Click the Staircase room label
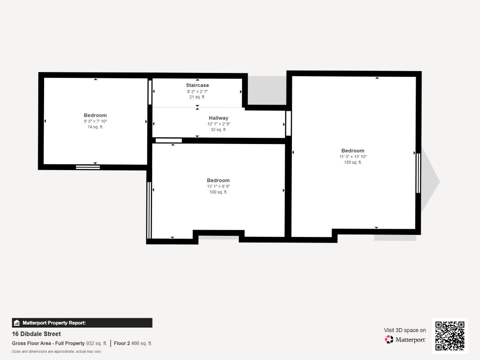[x=197, y=85]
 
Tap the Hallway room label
[x=218, y=118]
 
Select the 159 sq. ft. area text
[x=353, y=162]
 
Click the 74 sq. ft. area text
[x=95, y=127]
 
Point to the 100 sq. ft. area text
[x=218, y=192]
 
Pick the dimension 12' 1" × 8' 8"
[x=218, y=186]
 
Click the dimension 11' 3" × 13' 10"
[x=353, y=157]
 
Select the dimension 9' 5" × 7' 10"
[x=95, y=121]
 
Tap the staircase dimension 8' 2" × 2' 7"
[x=197, y=91]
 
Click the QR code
[x=450, y=336]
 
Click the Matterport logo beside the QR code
[x=405, y=340]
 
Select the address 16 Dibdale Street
[x=36, y=334]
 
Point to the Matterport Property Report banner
[x=82, y=323]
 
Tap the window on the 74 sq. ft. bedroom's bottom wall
[x=88, y=167]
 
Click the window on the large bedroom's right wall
[x=418, y=173]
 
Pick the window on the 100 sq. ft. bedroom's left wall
[x=149, y=210]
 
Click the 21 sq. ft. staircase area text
[x=197, y=97]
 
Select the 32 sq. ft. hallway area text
[x=218, y=130]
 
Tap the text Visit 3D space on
[x=404, y=330]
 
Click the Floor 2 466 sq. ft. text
[x=133, y=343]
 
